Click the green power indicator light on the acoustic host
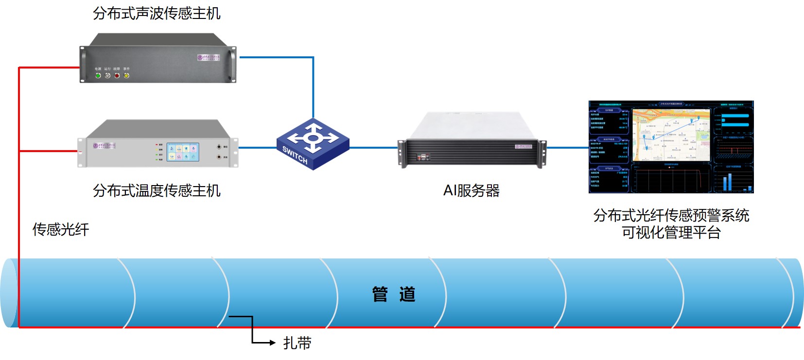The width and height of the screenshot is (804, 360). [x=98, y=75]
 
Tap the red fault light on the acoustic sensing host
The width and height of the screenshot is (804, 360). [x=117, y=75]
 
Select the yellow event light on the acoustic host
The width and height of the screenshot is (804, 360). [x=126, y=75]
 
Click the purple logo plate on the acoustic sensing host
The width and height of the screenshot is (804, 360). [x=209, y=57]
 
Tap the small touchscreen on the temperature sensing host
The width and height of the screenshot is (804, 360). [x=183, y=152]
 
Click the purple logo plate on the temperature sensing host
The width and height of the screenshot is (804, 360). [x=104, y=145]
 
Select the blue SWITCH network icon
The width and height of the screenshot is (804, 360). [x=313, y=144]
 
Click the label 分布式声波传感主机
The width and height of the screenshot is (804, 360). [x=157, y=13]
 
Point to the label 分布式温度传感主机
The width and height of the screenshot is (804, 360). [x=157, y=190]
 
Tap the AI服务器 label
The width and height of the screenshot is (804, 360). [x=471, y=190]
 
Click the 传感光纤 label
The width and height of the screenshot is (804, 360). [x=61, y=229]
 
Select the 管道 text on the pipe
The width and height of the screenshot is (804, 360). [x=394, y=294]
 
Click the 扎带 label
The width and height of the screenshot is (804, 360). [x=297, y=343]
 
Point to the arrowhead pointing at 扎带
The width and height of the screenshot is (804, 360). [x=272, y=343]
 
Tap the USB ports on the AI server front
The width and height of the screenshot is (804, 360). [x=422, y=157]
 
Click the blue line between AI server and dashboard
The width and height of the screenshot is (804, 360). [x=567, y=147]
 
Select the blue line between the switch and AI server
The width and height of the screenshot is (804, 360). [x=373, y=147]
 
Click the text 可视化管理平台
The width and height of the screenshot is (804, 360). [x=671, y=233]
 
